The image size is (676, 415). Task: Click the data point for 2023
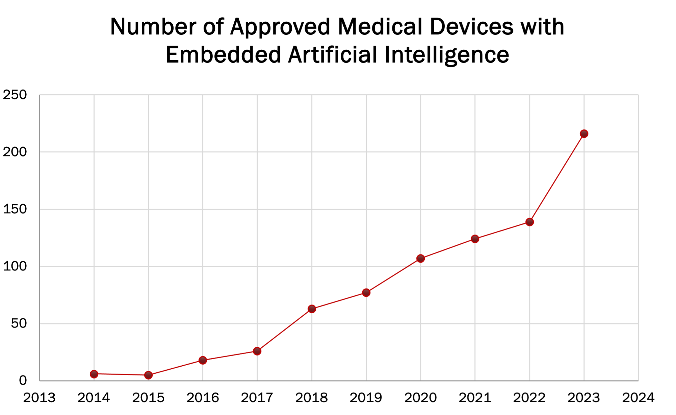[x=584, y=134]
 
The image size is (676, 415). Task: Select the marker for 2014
[x=94, y=374]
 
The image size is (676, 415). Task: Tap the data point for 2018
[x=312, y=309]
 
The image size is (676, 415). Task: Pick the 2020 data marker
[x=420, y=258]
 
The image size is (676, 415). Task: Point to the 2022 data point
[x=529, y=222]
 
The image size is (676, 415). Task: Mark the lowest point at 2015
[x=148, y=375]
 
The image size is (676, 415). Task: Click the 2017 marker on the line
[x=257, y=351]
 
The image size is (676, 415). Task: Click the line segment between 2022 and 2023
[x=556, y=178]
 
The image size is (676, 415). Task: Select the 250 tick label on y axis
[x=15, y=95]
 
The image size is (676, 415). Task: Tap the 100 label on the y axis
[x=15, y=266]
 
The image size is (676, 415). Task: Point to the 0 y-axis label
[x=23, y=381]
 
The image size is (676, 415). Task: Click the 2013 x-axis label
[x=39, y=397]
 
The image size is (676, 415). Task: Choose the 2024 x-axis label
[x=638, y=397]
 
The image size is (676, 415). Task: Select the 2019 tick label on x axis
[x=366, y=397]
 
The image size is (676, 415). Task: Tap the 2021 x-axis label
[x=475, y=397]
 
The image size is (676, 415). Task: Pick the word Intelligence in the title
[x=446, y=55]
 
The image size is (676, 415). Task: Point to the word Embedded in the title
[x=223, y=55]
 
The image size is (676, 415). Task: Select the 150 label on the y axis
[x=15, y=209]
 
